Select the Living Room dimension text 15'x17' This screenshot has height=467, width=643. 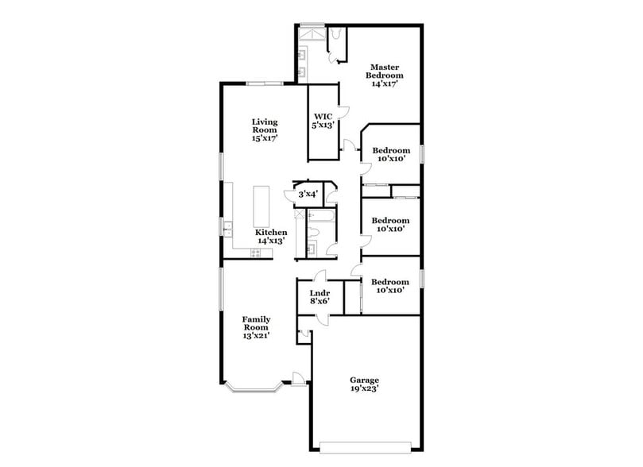pyautogui.click(x=264, y=138)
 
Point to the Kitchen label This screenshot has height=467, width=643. pyautogui.click(x=271, y=233)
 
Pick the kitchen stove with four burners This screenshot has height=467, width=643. pyautogui.click(x=255, y=253)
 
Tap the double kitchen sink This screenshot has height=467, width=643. pyautogui.click(x=227, y=227)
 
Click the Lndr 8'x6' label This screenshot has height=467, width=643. pyautogui.click(x=320, y=297)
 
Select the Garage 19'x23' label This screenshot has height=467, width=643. pyautogui.click(x=365, y=384)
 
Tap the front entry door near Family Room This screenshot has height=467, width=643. pyautogui.click(x=298, y=379)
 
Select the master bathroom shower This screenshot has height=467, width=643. pyautogui.click(x=312, y=37)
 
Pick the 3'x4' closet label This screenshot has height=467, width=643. pyautogui.click(x=308, y=194)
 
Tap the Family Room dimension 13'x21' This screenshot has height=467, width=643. pyautogui.click(x=256, y=335)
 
